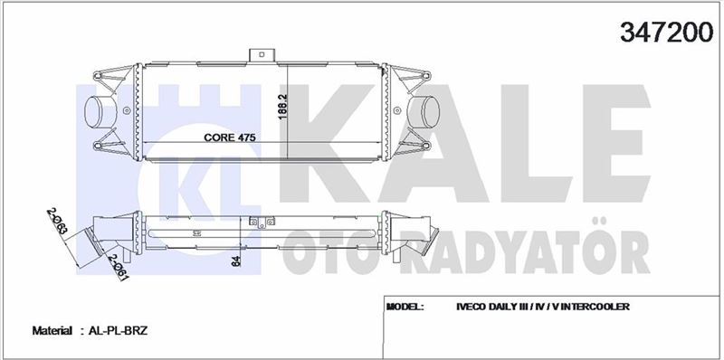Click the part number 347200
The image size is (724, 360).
tap(666, 33)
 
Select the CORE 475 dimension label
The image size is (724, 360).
tap(230, 137)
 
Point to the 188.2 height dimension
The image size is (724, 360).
tap(283, 107)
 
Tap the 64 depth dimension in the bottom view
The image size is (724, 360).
tap(236, 261)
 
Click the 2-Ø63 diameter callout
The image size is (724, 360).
tap(57, 222)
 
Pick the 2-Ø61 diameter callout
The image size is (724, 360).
tap(119, 267)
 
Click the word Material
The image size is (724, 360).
tap(52, 331)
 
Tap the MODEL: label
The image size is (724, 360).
tap(405, 307)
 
